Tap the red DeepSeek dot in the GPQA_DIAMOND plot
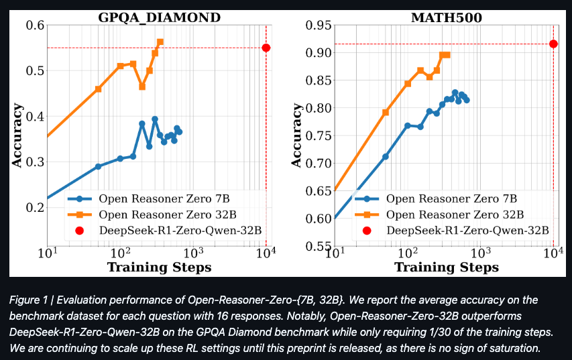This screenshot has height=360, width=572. coord(266,48)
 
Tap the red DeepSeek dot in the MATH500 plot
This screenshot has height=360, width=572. coord(553,44)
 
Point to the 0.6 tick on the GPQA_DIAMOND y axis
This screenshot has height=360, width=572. coord(34,25)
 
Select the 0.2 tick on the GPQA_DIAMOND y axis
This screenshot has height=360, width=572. coord(34,208)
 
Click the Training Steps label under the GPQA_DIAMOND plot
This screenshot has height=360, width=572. coord(159,267)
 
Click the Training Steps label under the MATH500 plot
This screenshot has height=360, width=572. coord(446,267)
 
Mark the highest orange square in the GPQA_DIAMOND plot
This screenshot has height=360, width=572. coord(160,42)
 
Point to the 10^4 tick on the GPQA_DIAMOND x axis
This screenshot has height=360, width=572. coord(267,253)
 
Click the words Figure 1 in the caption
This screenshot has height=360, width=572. coord(30,300)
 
